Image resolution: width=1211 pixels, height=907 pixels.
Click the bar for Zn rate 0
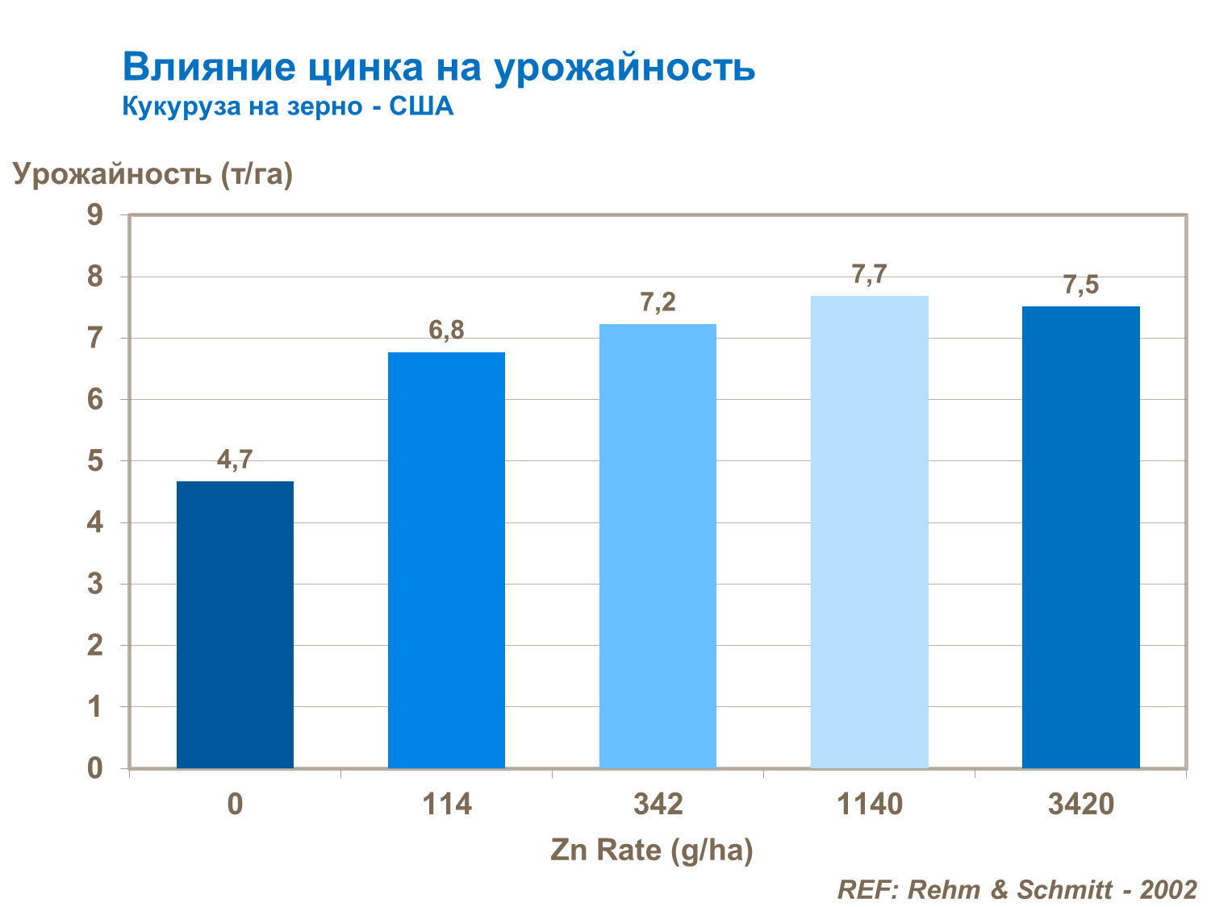point(235,625)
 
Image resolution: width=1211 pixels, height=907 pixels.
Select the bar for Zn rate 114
point(446,560)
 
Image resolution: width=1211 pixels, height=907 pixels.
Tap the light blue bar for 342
point(658,546)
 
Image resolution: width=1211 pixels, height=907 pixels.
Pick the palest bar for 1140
point(869,532)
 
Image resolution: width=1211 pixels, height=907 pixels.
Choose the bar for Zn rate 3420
point(1080,537)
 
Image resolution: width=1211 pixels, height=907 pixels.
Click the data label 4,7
point(235,460)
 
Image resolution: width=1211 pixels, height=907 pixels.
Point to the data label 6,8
point(446,330)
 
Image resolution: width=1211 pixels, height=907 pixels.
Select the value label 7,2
point(658,302)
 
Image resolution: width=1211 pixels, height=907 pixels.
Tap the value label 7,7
point(869,275)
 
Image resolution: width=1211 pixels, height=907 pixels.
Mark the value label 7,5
point(1080,285)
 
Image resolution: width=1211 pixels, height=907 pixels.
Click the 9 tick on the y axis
point(95,215)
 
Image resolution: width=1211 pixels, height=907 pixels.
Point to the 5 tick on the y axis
point(95,461)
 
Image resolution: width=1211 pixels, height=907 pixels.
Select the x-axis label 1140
point(870,804)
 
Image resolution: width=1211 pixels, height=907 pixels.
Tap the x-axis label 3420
point(1080,804)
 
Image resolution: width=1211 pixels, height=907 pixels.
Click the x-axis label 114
point(447,804)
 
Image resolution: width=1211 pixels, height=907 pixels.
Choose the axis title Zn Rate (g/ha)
point(652,850)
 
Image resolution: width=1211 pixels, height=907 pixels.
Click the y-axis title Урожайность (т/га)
point(152,173)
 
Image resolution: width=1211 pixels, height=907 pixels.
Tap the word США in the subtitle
point(421,106)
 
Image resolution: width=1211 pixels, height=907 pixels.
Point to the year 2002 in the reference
point(1167,889)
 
